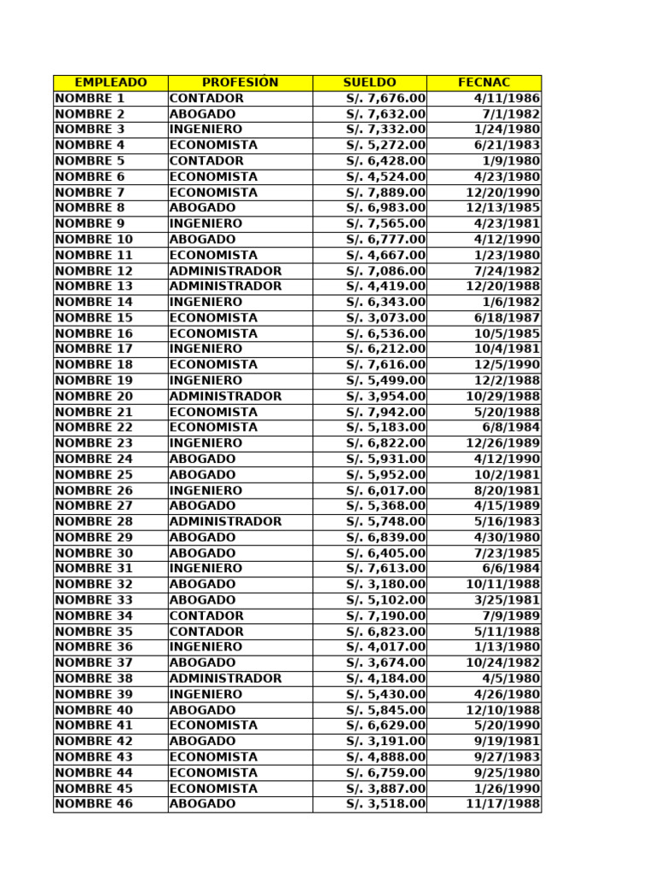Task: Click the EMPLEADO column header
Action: tap(111, 83)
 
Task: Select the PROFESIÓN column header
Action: tap(241, 83)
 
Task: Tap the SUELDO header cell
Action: tap(369, 83)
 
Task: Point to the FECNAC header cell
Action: tap(484, 83)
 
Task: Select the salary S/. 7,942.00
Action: tap(385, 412)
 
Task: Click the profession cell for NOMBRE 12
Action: tap(225, 271)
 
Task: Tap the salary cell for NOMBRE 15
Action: tap(385, 318)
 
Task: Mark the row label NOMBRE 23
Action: tap(94, 443)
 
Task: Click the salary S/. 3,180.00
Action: tap(385, 585)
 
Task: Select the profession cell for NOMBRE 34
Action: tap(206, 616)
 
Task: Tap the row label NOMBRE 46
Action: tap(94, 804)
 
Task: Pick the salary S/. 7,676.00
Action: tap(385, 98)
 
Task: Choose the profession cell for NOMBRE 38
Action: tap(225, 679)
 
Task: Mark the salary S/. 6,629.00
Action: tap(385, 726)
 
